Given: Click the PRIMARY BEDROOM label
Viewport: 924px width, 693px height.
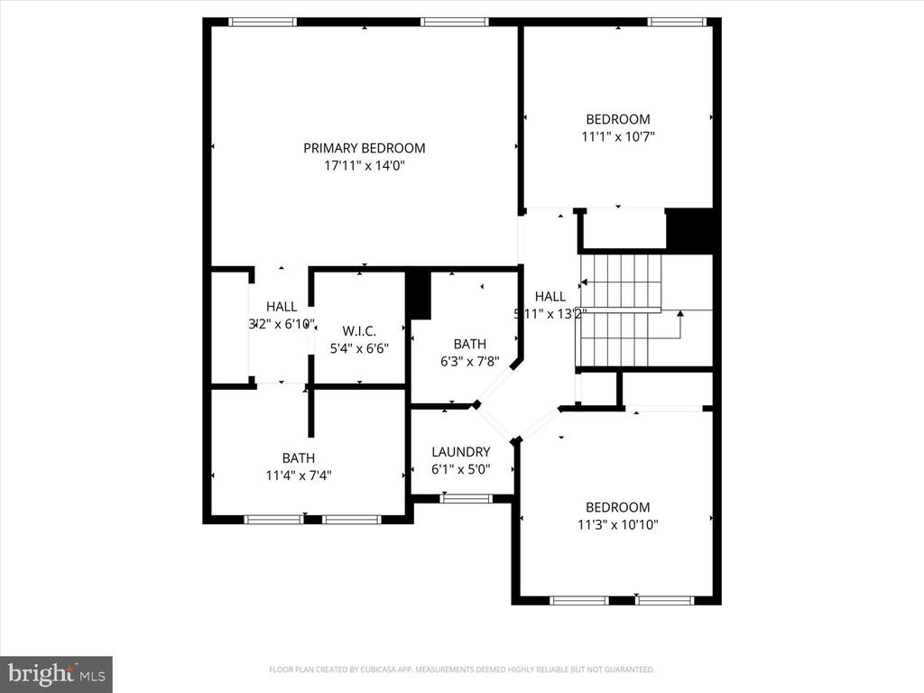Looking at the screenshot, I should [364, 148].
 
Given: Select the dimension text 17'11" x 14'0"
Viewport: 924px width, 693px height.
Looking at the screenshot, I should [364, 166].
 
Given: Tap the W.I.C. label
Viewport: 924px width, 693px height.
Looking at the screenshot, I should [359, 330].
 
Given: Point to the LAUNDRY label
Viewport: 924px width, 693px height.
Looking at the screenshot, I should [460, 452].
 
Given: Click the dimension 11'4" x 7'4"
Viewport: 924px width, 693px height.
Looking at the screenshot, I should [298, 476].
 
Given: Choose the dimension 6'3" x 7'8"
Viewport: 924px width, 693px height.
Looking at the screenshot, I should [469, 362].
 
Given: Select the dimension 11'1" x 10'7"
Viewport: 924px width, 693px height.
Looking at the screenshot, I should [617, 137].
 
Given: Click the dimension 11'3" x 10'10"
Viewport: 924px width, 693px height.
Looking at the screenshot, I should [617, 525].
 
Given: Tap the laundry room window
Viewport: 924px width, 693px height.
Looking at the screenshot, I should [467, 498].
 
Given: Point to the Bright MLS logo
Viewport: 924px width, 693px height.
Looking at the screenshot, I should [56, 674].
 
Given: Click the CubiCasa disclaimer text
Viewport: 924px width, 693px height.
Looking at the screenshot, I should [461, 670].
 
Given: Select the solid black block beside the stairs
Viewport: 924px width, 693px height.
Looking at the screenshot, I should [690, 229].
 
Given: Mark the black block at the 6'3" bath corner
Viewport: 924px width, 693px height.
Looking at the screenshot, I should [418, 294].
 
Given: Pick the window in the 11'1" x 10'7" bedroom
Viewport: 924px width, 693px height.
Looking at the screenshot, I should [676, 22].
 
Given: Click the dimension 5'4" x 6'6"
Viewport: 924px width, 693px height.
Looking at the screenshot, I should [359, 348].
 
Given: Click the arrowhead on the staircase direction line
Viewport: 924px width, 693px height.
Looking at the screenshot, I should [679, 313].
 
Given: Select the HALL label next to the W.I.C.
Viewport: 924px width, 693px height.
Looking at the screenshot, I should [282, 307].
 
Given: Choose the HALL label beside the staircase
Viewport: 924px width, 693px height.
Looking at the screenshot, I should [550, 296].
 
